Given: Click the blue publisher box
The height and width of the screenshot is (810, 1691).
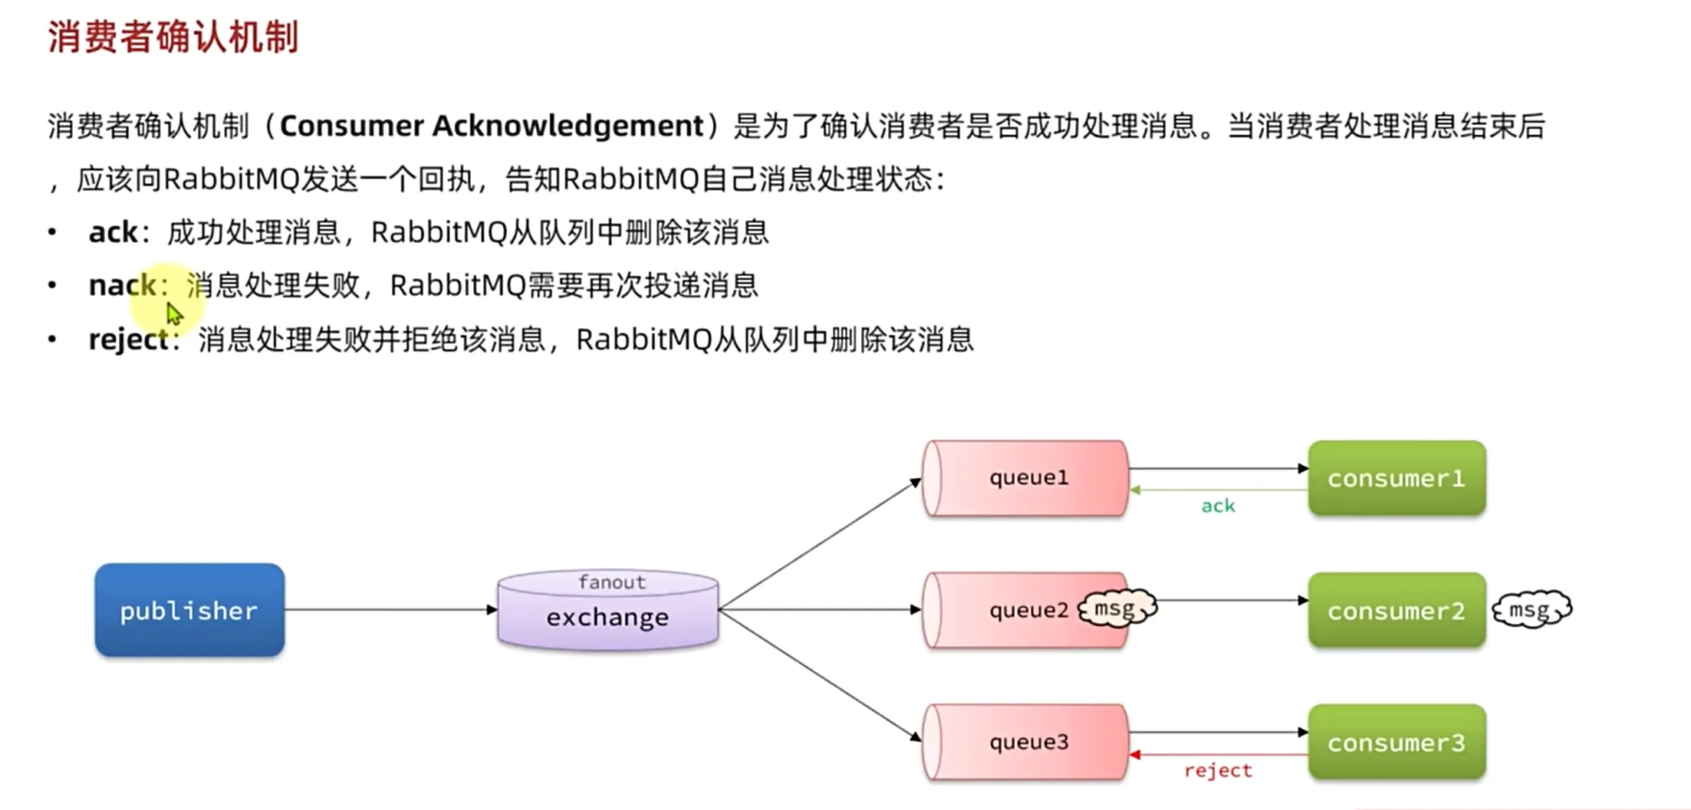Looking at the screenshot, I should point(189,610).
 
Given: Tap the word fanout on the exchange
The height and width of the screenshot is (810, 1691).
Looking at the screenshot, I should point(611,582).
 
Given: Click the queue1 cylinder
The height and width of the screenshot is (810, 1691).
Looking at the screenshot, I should point(1026,477).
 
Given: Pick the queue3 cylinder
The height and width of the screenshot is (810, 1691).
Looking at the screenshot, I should point(1026,742).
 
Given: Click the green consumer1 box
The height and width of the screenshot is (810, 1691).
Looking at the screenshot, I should point(1397,478).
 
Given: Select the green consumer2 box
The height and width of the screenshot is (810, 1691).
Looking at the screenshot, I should point(1397,610).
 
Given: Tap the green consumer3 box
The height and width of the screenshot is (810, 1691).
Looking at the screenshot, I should point(1397,742).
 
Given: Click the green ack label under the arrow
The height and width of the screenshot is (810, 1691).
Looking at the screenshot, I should point(1218,506).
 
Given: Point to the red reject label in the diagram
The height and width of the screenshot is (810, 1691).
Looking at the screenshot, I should point(1218,770).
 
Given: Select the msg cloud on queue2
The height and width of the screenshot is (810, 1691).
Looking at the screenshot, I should point(1117,608).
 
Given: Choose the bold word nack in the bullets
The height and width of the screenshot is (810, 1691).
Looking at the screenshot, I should point(122,285).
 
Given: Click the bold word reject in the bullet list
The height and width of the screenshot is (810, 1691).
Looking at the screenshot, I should point(128,339).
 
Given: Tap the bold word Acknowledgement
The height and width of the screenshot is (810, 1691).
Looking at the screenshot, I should point(568,126).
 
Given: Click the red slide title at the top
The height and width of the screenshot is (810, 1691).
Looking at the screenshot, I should point(173,37).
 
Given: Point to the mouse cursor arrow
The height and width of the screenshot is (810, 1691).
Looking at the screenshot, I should point(174,313).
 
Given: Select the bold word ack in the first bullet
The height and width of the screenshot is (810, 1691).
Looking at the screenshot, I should point(113,231).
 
